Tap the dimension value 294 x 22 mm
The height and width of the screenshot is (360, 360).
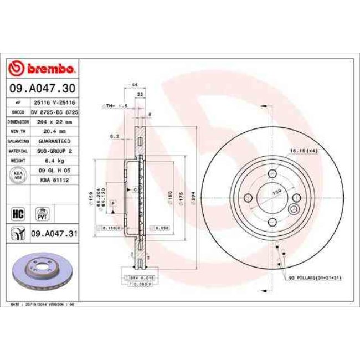[55, 121]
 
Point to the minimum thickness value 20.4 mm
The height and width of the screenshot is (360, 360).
[55, 131]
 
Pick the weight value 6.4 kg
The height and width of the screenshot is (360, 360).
[55, 160]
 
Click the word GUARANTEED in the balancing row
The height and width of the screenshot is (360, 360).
[55, 141]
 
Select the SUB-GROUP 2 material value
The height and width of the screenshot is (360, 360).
[55, 151]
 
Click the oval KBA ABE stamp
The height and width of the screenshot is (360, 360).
[17, 176]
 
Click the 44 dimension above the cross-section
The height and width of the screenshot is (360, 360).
[134, 85]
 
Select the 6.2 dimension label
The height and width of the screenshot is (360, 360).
[113, 136]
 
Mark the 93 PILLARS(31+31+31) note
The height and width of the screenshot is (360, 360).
[314, 277]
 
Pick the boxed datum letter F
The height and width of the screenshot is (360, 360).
[112, 204]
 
